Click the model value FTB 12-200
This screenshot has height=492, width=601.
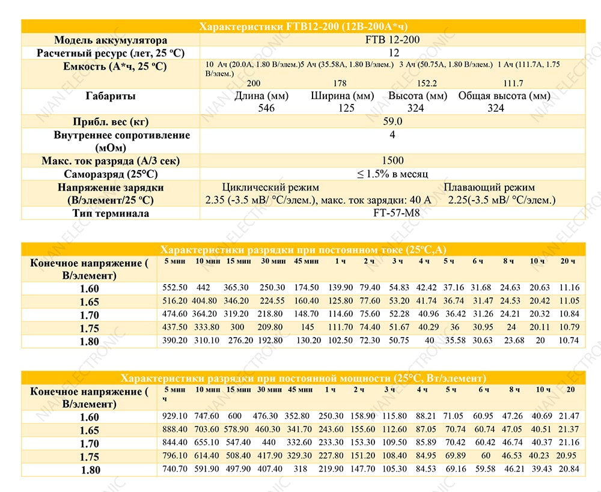[x=392, y=40]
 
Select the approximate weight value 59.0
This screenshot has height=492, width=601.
[x=392, y=121]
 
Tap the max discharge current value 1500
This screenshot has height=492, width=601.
[x=393, y=160]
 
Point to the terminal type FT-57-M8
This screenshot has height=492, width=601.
[x=397, y=213]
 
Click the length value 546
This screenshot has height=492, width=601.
[x=266, y=108]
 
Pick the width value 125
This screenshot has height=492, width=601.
[x=346, y=108]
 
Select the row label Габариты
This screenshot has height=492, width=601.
[x=111, y=96]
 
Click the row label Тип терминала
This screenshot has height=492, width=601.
[x=111, y=213]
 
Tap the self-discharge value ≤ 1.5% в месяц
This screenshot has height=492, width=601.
[x=392, y=174]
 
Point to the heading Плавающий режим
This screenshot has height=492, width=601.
[x=489, y=187]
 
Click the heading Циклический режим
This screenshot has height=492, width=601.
[x=270, y=187]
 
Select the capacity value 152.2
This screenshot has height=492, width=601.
[x=427, y=84]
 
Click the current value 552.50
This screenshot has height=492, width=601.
[x=175, y=287]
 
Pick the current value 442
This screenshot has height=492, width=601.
[x=203, y=287]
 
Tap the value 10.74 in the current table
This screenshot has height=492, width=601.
[x=569, y=340]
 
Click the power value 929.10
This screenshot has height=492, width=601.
[x=175, y=416]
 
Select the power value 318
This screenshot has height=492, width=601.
[x=300, y=469]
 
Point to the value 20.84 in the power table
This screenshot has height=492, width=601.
[x=569, y=469]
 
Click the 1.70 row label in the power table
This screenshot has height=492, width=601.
[x=90, y=444]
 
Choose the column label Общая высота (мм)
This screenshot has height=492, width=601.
[x=504, y=96]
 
